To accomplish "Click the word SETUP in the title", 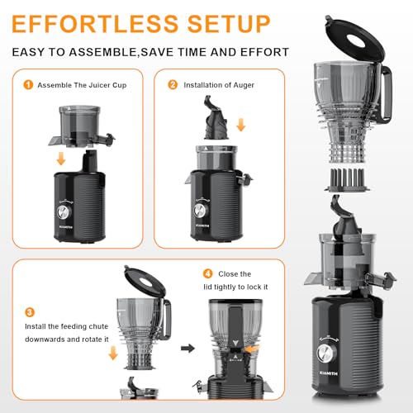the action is coord(229,24).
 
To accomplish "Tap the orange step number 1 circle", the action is coord(28,85).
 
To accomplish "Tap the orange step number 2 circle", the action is coord(173,84).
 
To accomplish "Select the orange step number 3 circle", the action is coord(30,312).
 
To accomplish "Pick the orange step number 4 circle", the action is coord(208,273).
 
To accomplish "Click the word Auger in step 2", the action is coord(244,85).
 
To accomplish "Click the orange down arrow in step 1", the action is coord(61,159).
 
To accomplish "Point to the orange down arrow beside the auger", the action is coord(241,125).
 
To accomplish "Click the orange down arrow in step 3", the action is coord(113,353).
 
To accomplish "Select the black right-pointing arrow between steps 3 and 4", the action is coord(188,349).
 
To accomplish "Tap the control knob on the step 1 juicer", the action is coord(64,212).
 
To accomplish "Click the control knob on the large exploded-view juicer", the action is coord(326,354).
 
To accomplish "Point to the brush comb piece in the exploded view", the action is coord(347,180).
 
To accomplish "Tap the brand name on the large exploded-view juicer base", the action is coord(329,373).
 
